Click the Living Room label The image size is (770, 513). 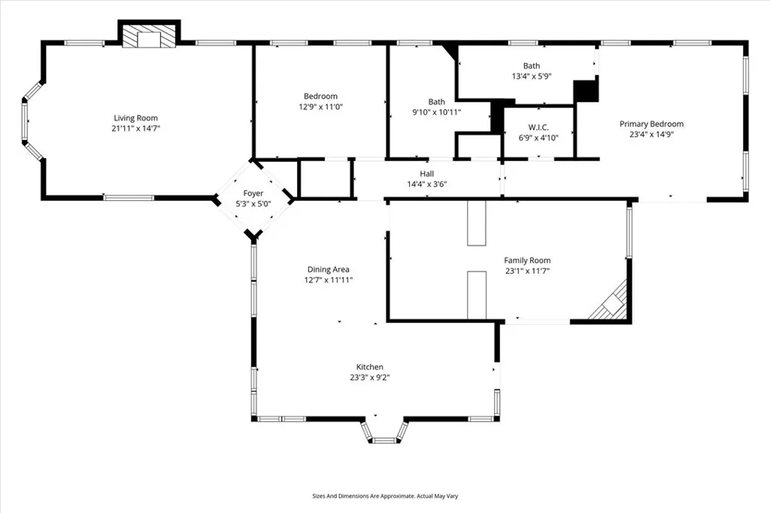tap(136, 118)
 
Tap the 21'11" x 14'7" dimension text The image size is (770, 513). tap(136, 129)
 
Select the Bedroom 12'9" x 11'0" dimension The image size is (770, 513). tap(320, 107)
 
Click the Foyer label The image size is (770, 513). tap(253, 193)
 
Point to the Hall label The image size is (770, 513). tap(426, 173)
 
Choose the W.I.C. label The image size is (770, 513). tap(538, 127)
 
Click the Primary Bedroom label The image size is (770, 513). tap(651, 124)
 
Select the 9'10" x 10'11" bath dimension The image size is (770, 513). tap(436, 112)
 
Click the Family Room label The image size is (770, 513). tap(527, 260)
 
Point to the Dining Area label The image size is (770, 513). tap(328, 269)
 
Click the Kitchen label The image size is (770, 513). tap(370, 367)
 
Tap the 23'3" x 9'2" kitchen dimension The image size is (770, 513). tap(370, 378)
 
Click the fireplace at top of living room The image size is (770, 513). tap(149, 38)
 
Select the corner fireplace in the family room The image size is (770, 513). tap(611, 304)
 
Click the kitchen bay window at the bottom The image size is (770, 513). tap(384, 434)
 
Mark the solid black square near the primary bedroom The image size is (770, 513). tap(586, 91)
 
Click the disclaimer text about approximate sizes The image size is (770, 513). tap(385, 496)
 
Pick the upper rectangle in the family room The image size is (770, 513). tap(477, 223)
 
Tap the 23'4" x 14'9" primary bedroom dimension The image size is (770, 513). tap(651, 135)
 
